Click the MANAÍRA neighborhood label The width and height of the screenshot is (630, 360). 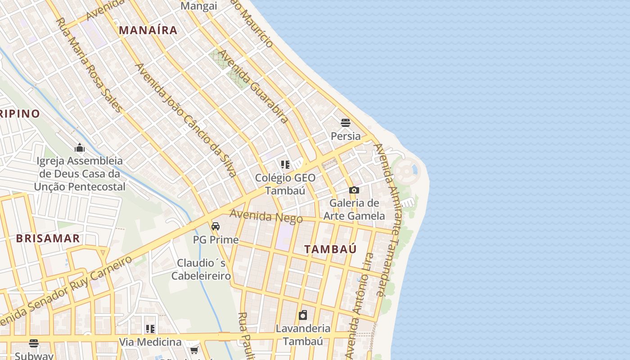coord(148,31)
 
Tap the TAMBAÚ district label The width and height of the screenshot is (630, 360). coord(330,249)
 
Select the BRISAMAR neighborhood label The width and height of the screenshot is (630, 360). coord(48,238)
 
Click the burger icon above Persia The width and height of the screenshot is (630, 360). coord(346,123)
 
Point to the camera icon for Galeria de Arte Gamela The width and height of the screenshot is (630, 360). coord(354,190)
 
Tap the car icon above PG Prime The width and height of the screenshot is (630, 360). coord(216,226)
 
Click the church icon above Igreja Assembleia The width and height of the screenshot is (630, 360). coord(80,148)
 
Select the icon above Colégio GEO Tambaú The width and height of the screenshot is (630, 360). coord(285,165)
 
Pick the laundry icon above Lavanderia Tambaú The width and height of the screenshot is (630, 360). coord(303,315)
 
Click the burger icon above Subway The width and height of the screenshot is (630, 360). coord(34,343)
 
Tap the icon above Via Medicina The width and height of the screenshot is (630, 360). coord(150,329)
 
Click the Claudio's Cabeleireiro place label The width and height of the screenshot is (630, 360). coord(201,269)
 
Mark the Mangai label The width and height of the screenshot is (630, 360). coord(198,6)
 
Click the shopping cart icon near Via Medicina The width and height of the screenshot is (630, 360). coord(194,350)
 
